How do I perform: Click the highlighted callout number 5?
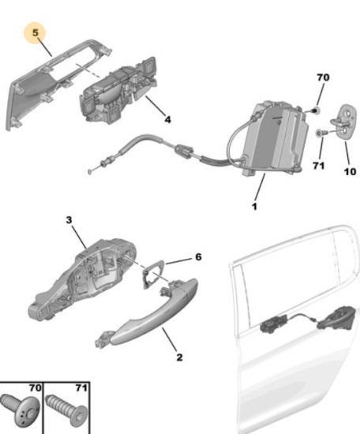point(36,32)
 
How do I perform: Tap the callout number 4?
point(168,120)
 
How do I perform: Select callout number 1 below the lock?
point(254,207)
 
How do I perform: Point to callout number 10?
point(350,171)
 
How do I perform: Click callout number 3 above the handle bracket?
point(69,220)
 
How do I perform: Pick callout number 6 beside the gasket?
point(199,257)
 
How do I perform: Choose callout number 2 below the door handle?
point(179,357)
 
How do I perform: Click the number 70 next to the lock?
point(323,77)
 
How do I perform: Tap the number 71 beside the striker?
point(318,166)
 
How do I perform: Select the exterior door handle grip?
point(148,312)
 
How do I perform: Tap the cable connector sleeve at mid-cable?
point(184,152)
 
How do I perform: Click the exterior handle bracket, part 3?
point(83,279)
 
